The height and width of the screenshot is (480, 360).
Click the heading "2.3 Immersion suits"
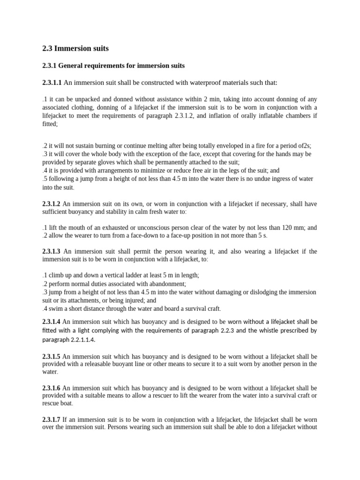coord(75,48)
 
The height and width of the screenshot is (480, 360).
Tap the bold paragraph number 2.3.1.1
coord(52,83)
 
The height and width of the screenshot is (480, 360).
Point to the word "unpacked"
coord(95,99)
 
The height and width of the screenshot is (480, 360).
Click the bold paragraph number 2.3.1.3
coord(52,252)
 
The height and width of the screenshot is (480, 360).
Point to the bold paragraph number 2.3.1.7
coord(52,420)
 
